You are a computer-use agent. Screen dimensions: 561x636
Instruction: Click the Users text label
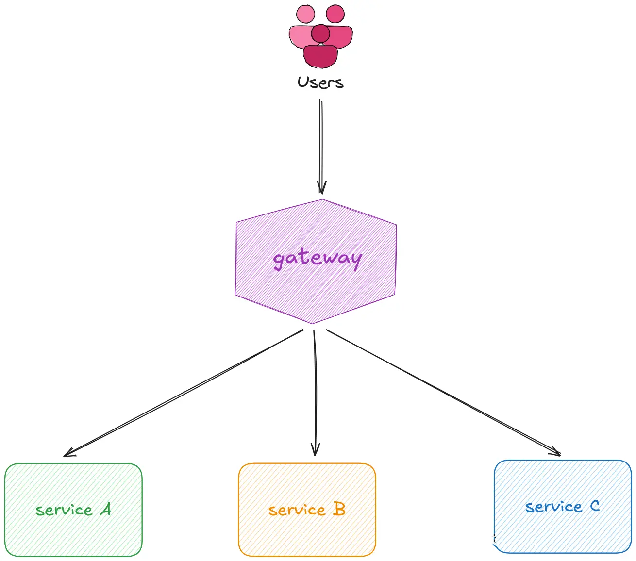pyautogui.click(x=320, y=82)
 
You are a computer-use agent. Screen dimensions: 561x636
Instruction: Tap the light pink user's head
pyautogui.click(x=305, y=14)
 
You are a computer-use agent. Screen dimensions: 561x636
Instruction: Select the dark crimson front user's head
pyautogui.click(x=320, y=33)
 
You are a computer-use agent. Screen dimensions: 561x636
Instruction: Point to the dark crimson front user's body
pyautogui.click(x=320, y=55)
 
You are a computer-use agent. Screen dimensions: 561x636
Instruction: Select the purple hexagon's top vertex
pyautogui.click(x=322, y=199)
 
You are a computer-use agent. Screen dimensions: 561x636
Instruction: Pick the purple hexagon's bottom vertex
pyautogui.click(x=312, y=323)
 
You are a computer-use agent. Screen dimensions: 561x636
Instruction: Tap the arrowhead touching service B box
pyautogui.click(x=315, y=451)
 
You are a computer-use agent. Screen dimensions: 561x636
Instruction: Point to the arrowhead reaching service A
pyautogui.click(x=68, y=453)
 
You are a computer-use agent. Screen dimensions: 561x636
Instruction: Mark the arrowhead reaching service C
pyautogui.click(x=556, y=451)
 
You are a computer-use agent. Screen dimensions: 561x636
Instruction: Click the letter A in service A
pyautogui.click(x=106, y=509)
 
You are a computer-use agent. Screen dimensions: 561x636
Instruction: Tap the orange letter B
pyautogui.click(x=339, y=509)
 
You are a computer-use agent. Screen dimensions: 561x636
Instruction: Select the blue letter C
pyautogui.click(x=595, y=506)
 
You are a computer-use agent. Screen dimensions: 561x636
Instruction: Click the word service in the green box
pyautogui.click(x=64, y=510)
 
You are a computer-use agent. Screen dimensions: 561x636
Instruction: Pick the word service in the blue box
pyautogui.click(x=553, y=507)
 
